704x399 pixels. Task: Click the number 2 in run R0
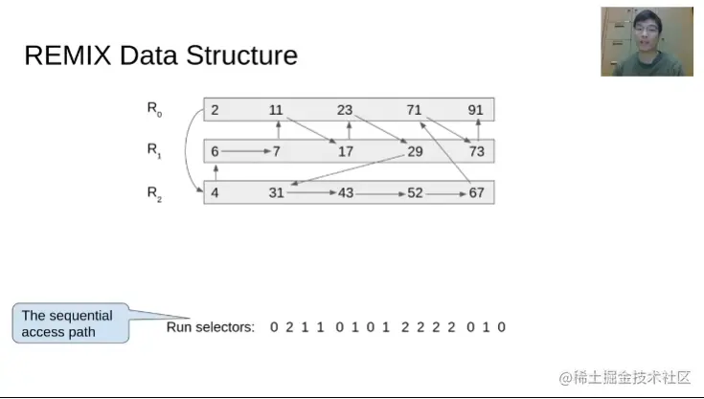(215, 110)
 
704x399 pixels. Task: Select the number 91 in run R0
(475, 110)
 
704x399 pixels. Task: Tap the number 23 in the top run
(345, 110)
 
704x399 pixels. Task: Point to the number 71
(414, 110)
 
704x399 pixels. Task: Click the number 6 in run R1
(215, 151)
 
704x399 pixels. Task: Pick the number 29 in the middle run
(415, 151)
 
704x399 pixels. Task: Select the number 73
(476, 151)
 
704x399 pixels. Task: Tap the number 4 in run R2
(215, 192)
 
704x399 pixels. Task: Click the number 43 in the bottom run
(346, 192)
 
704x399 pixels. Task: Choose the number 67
(476, 192)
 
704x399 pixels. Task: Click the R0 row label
(154, 109)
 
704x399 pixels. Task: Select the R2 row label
(154, 194)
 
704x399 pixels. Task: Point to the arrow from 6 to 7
(246, 151)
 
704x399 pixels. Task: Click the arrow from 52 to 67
(445, 194)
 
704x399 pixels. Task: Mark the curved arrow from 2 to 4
(186, 150)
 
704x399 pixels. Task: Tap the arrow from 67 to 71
(445, 152)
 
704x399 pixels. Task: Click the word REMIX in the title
(67, 55)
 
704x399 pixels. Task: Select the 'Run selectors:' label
(210, 327)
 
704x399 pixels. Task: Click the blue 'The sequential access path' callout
(71, 323)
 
